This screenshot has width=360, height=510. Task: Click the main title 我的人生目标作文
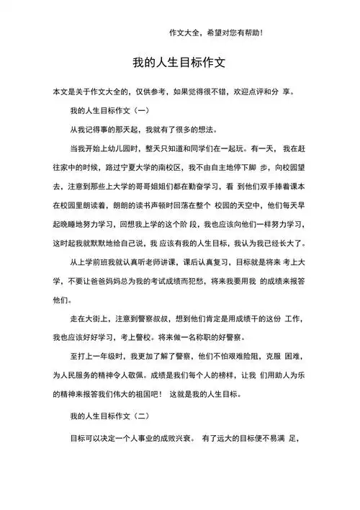click(x=179, y=63)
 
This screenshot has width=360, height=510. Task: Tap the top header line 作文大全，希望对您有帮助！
click(x=216, y=32)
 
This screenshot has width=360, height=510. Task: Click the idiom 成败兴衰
click(x=169, y=437)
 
